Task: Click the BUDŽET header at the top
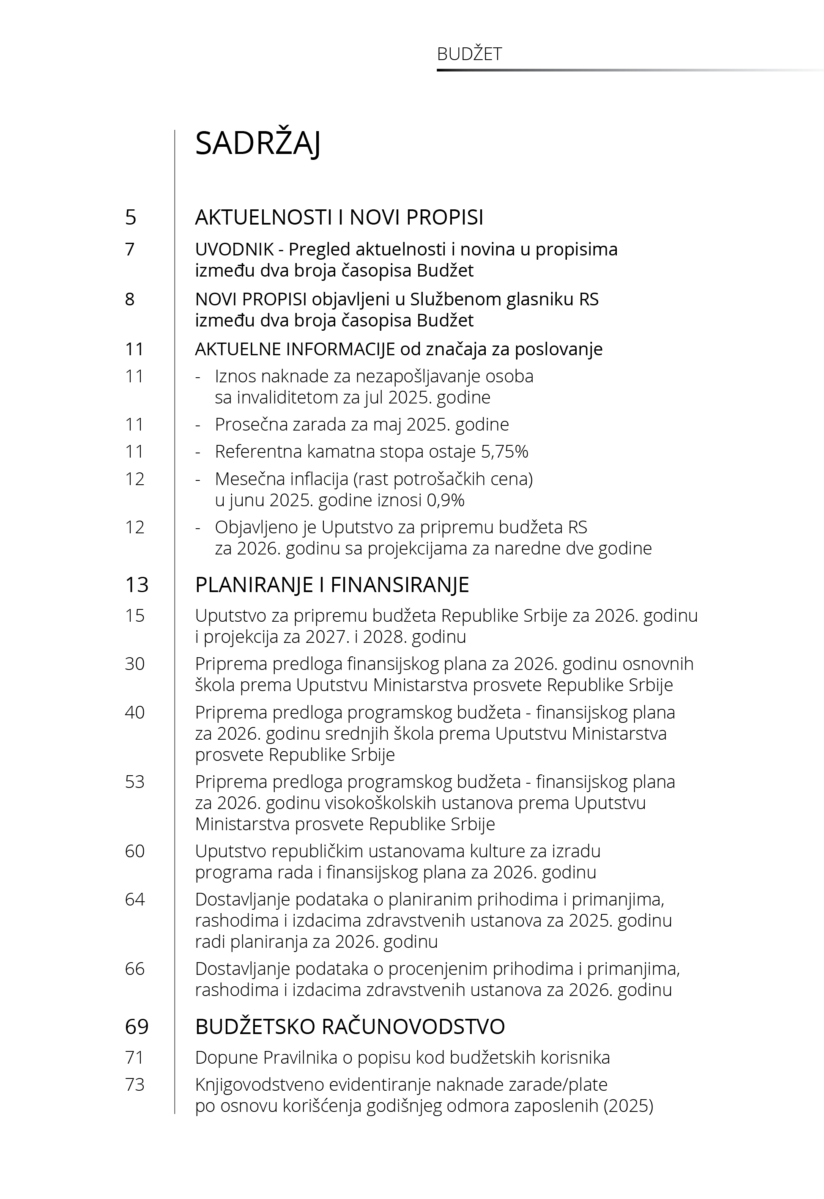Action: point(469,54)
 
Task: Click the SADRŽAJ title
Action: point(257,143)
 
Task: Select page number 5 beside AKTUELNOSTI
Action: point(131,217)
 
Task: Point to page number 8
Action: point(130,299)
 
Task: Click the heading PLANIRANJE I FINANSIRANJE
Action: point(332,584)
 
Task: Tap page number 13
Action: point(137,584)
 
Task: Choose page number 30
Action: point(135,664)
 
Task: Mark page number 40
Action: point(135,712)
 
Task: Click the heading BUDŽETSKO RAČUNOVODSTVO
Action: point(350,1026)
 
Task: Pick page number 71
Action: point(135,1057)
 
